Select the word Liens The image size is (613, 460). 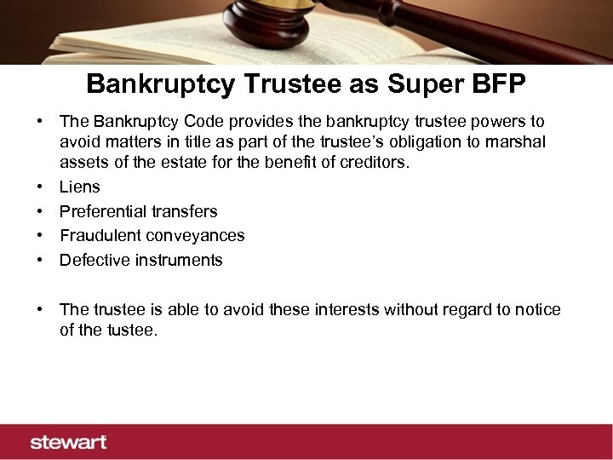click(x=79, y=187)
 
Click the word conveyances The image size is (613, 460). click(x=197, y=235)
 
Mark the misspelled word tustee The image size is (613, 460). click(x=132, y=331)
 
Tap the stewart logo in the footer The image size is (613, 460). click(x=68, y=442)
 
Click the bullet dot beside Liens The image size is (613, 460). click(x=40, y=187)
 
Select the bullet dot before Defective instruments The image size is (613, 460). click(x=40, y=260)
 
